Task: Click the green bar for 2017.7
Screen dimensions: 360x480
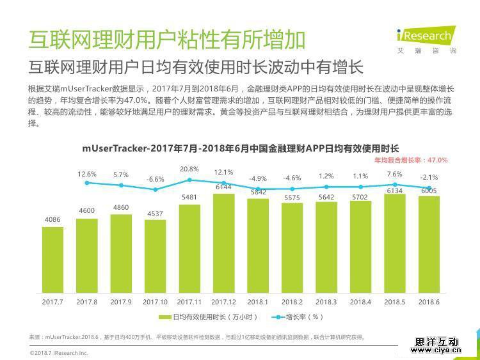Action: pos(52,258)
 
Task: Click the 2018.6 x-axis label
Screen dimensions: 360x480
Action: pos(429,301)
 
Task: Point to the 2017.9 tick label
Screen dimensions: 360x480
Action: pos(121,301)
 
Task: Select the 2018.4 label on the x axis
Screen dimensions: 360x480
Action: pos(360,301)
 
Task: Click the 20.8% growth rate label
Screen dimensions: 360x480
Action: pos(189,169)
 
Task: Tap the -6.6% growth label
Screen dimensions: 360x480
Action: pos(155,180)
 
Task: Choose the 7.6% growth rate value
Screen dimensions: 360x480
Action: pos(394,175)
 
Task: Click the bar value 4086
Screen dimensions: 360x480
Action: pos(52,220)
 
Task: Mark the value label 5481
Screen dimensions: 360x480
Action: pos(189,198)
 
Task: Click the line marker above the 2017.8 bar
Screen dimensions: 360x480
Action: pos(87,183)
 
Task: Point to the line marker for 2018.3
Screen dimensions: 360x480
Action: pos(326,187)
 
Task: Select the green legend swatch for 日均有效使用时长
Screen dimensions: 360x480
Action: pos(166,317)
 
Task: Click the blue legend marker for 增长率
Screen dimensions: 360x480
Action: pos(277,317)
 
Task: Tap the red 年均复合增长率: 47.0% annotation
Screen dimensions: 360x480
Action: pos(410,160)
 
